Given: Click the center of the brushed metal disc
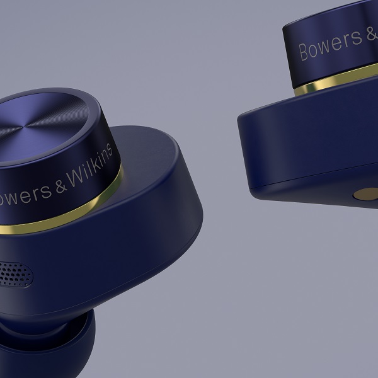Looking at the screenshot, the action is click(24, 126).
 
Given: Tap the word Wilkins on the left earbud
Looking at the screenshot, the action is click(89, 166).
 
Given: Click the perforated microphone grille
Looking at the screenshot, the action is click(15, 275).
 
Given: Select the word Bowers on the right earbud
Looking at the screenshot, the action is click(331, 47).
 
